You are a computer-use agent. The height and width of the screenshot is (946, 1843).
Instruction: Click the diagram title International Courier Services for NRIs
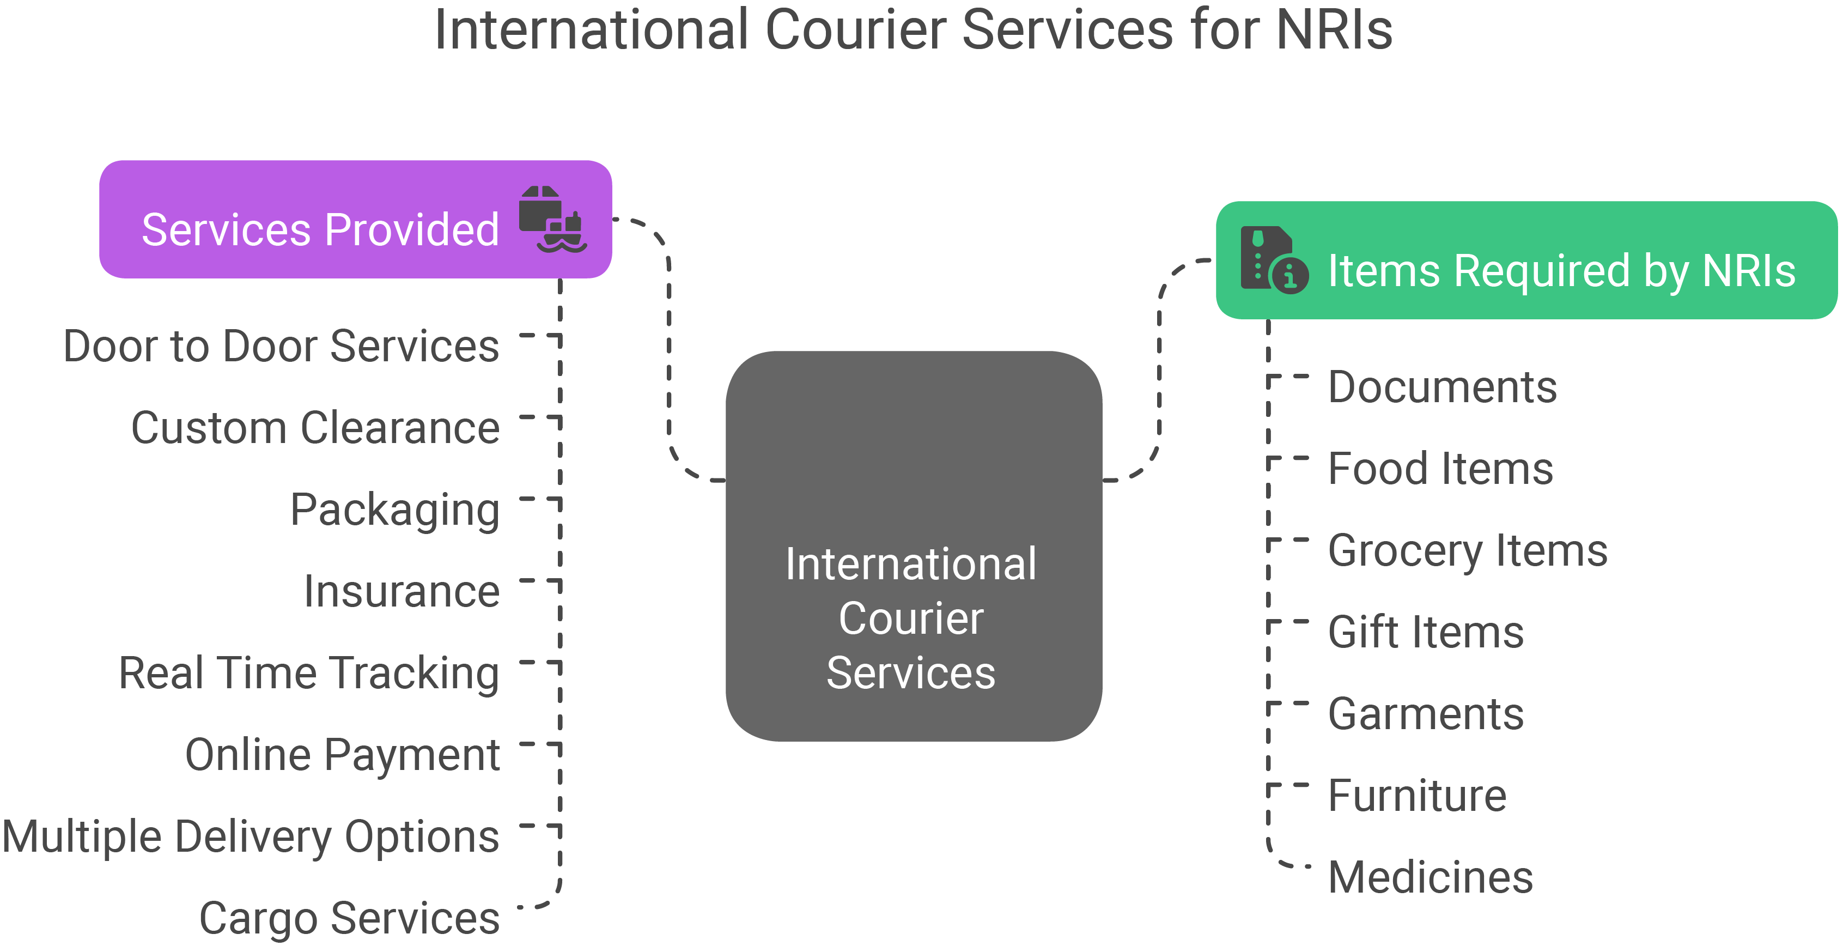point(914,30)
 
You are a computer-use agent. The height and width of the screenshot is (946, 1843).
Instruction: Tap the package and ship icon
point(552,219)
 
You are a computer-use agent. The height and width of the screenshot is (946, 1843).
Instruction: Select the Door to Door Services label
point(281,347)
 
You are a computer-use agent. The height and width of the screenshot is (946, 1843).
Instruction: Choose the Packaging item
point(394,510)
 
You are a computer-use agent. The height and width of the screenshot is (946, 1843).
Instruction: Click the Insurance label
point(402,592)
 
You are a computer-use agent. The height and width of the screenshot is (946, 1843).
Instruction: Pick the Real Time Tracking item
point(308,674)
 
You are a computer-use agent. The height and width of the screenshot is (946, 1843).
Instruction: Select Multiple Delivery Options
point(251,836)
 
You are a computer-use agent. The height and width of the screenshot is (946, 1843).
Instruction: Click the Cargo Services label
point(349,918)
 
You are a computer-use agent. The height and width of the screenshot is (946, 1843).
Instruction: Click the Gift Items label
point(1425,632)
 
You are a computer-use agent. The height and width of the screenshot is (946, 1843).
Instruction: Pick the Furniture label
point(1416,795)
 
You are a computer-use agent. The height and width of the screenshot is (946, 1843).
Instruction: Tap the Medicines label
point(1430,877)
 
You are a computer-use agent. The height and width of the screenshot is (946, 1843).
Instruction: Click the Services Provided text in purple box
point(320,230)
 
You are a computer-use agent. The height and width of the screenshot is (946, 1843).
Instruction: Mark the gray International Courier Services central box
point(913,545)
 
